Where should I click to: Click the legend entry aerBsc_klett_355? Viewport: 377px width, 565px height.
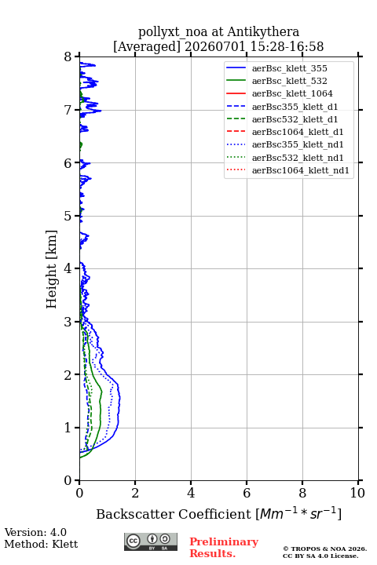pyautogui.click(x=289, y=68)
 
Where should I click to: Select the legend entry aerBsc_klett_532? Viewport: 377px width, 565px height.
pyautogui.click(x=289, y=81)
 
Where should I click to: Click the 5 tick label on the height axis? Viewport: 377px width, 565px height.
pyautogui.click(x=68, y=216)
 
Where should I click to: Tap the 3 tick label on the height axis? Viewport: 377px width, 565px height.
pyautogui.click(x=68, y=322)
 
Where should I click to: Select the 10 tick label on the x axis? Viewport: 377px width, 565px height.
pyautogui.click(x=357, y=493)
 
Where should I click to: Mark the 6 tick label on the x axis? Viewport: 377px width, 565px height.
pyautogui.click(x=247, y=493)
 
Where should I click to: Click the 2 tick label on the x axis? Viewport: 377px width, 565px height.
pyautogui.click(x=135, y=493)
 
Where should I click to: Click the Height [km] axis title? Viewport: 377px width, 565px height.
pyautogui.click(x=52, y=269)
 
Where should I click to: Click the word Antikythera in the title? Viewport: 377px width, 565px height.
pyautogui.click(x=263, y=32)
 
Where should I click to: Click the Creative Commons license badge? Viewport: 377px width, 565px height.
pyautogui.click(x=151, y=541)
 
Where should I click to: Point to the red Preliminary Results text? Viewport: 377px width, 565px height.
pyautogui.click(x=224, y=548)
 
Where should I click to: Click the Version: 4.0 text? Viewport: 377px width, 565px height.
pyautogui.click(x=35, y=532)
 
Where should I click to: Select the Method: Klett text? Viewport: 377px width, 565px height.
pyautogui.click(x=41, y=544)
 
